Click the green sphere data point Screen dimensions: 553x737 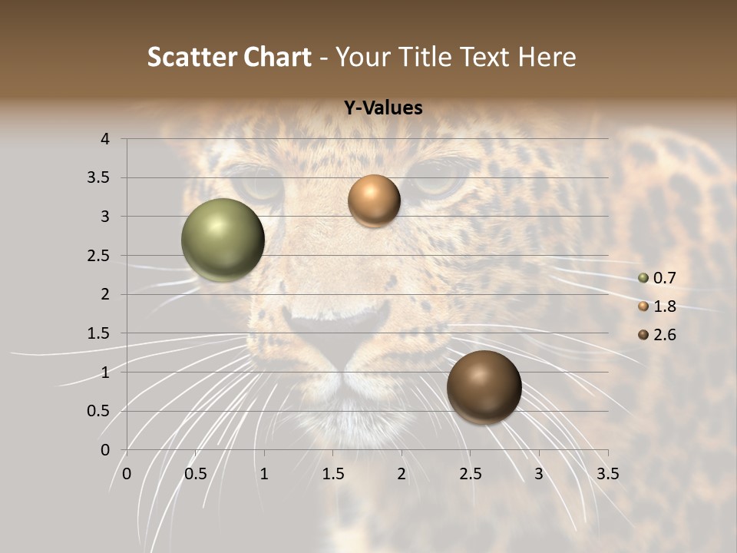point(223,240)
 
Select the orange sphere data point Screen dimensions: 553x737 point(374,200)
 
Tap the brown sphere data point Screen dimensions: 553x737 point(484,387)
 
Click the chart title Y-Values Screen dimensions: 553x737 point(383,108)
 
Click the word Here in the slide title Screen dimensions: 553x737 point(547,57)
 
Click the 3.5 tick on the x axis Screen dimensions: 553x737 point(607,474)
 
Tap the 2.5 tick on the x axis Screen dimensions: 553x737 point(470,474)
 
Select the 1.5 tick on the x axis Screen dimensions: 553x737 point(332,474)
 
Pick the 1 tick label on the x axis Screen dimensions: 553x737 point(264,474)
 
